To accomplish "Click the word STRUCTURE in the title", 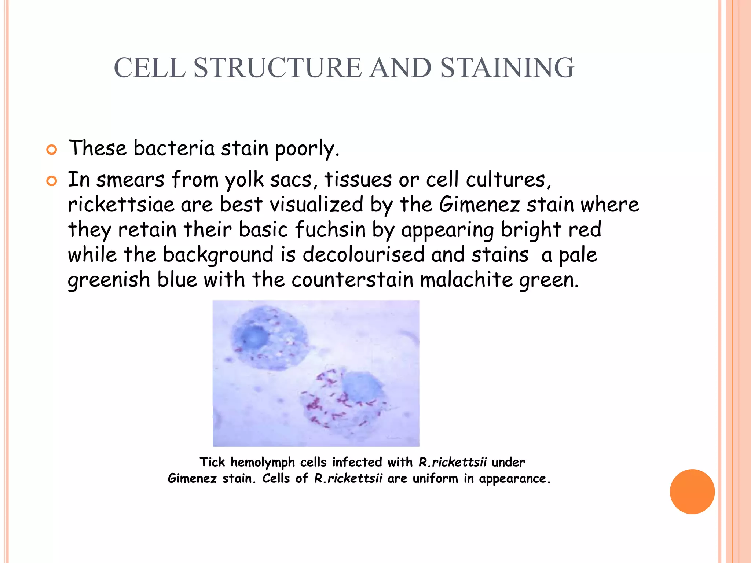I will point(278,68).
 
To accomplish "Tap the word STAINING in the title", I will point(507,68).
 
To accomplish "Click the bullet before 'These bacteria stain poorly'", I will point(52,150).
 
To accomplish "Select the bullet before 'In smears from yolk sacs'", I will point(52,181).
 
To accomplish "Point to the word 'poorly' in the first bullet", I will point(307,149).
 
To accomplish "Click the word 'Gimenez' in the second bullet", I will point(479,205).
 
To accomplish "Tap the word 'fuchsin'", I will point(330,230).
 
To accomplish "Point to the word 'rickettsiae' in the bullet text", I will point(121,205).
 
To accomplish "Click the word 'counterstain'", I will point(352,280).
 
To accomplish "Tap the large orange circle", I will point(692,492).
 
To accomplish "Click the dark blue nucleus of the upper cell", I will point(253,336).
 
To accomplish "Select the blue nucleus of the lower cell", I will point(361,388).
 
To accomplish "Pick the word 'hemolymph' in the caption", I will point(263,463).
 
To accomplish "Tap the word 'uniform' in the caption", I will point(435,478).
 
